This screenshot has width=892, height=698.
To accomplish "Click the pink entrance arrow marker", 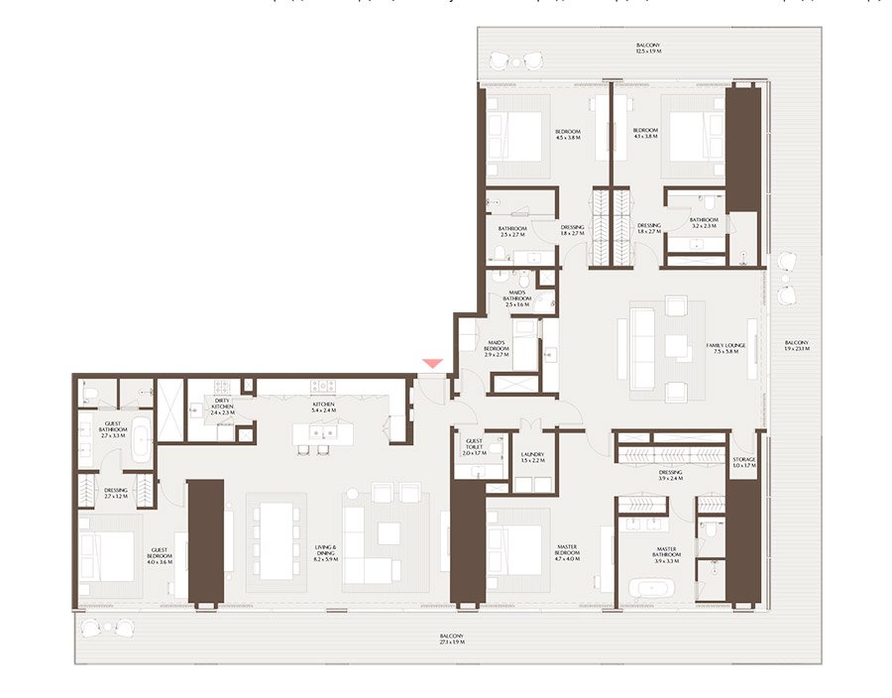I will [x=432, y=366].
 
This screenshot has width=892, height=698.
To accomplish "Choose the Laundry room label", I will [x=532, y=457].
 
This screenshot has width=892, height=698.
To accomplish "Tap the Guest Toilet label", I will [x=473, y=445].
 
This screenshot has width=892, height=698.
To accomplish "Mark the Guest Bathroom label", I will [x=114, y=429].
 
